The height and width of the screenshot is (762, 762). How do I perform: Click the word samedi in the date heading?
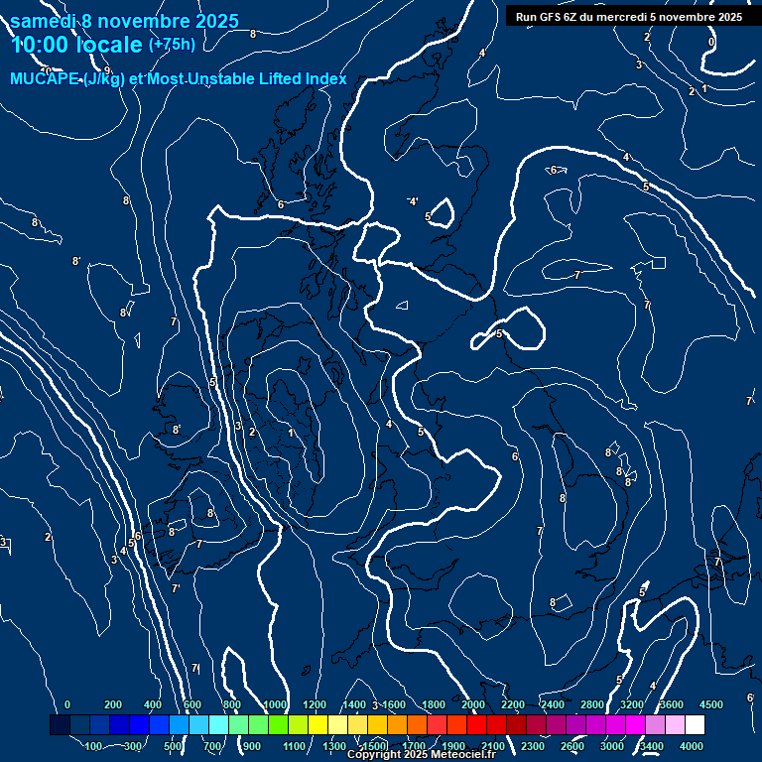[x=44, y=21]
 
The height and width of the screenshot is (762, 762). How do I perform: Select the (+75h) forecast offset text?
[x=172, y=45]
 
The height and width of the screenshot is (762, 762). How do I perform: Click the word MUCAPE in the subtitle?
[x=46, y=78]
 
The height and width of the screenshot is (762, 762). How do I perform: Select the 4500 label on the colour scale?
[x=711, y=704]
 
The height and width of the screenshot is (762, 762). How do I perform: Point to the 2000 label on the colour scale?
[x=473, y=704]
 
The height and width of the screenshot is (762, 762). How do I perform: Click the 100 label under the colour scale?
[x=94, y=746]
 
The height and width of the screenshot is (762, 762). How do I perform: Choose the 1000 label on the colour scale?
[x=275, y=704]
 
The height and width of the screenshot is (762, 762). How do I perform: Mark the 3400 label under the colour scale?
[x=652, y=746]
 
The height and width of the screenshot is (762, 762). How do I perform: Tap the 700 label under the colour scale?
[x=213, y=746]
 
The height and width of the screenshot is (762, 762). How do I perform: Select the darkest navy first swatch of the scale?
[x=60, y=725]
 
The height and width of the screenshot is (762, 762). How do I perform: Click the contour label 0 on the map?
[x=711, y=42]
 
